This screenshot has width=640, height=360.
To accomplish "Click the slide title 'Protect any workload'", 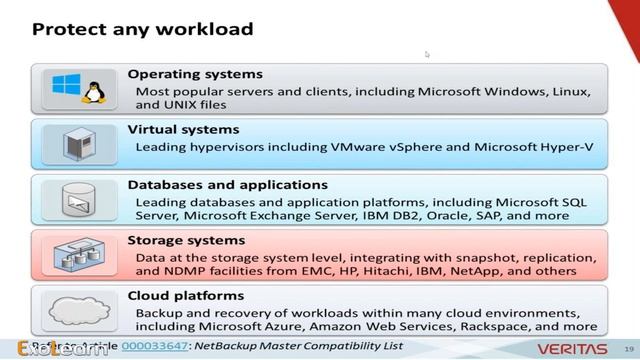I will (x=142, y=29).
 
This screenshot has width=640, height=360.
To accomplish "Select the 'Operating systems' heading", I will (x=195, y=74).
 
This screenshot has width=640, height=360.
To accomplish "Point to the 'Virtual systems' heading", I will (x=183, y=129).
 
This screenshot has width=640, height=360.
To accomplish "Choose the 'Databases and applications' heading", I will (x=228, y=185).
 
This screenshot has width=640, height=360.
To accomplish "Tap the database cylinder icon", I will (x=77, y=200).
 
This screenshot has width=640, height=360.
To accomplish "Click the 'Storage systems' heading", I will (x=186, y=240).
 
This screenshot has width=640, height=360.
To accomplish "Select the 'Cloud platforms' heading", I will (x=186, y=296).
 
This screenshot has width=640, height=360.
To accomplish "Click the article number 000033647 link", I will (x=151, y=346).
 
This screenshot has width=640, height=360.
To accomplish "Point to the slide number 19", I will (x=629, y=347).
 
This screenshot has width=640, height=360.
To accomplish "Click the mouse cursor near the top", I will (x=427, y=55).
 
